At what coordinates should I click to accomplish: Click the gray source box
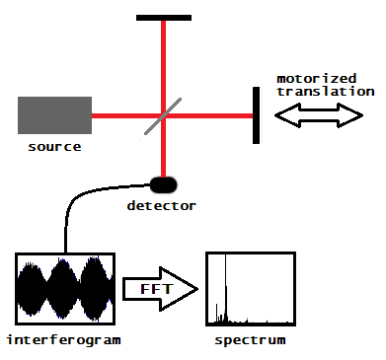[x=54, y=114]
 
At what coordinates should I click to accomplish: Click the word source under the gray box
[x=54, y=147]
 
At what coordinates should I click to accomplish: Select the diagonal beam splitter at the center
[x=163, y=114]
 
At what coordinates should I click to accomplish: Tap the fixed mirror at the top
[x=163, y=18]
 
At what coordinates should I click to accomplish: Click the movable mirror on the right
[x=257, y=114]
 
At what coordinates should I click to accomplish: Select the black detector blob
[x=163, y=183]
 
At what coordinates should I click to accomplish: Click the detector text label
[x=162, y=205]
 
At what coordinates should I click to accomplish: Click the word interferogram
[x=65, y=340]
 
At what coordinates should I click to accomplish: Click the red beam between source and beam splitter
[x=123, y=114]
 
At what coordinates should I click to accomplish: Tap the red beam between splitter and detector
[x=163, y=153]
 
